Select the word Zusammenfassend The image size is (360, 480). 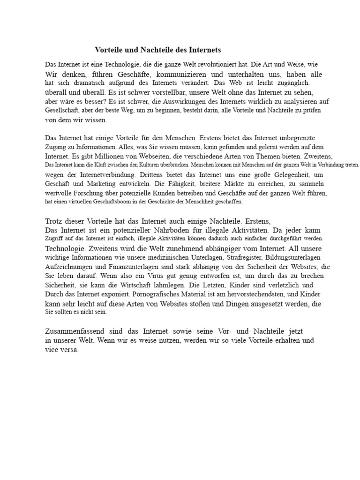[75, 331]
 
